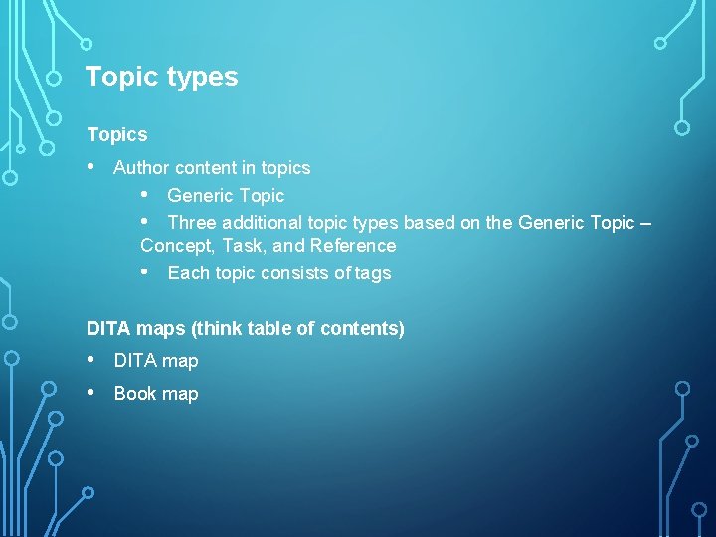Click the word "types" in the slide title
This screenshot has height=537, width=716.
pyautogui.click(x=204, y=78)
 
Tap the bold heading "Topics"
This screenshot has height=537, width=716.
pyautogui.click(x=116, y=134)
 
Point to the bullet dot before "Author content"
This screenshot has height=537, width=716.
pyautogui.click(x=92, y=167)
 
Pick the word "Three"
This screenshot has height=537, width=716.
pyautogui.click(x=192, y=222)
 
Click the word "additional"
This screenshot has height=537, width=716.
pyautogui.click(x=263, y=222)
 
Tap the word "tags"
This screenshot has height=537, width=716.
pyautogui.click(x=373, y=273)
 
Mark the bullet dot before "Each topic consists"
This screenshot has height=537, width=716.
pyautogui.click(x=146, y=272)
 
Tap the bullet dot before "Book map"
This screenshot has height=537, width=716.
pyautogui.click(x=92, y=393)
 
